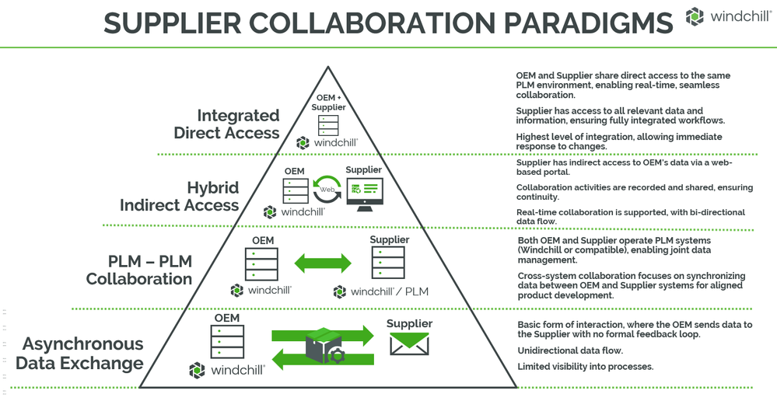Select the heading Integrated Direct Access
(x=227, y=124)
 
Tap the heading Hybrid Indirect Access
(x=180, y=197)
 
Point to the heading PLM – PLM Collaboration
(x=139, y=269)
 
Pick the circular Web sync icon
(x=327, y=188)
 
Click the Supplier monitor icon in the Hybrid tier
(x=363, y=192)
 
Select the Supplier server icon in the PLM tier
(x=389, y=263)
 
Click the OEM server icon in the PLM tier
(x=261, y=264)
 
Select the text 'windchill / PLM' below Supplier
(x=381, y=292)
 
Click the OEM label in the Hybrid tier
(x=294, y=171)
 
